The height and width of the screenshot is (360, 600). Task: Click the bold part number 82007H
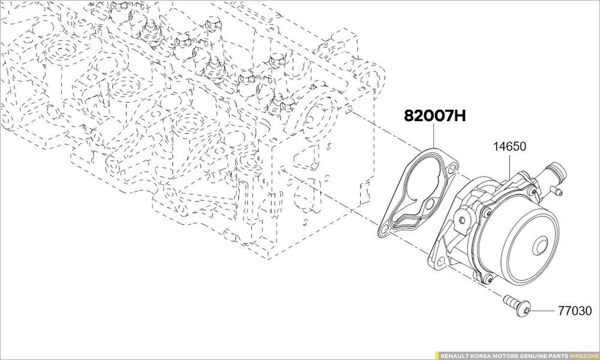(x=435, y=116)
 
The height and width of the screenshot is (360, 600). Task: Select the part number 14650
(x=510, y=146)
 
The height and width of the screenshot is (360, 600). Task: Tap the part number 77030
(x=574, y=311)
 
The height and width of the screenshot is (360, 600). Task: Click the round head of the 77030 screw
(x=524, y=311)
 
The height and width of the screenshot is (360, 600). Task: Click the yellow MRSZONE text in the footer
(x=583, y=355)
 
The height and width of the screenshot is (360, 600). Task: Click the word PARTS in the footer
(x=558, y=355)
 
